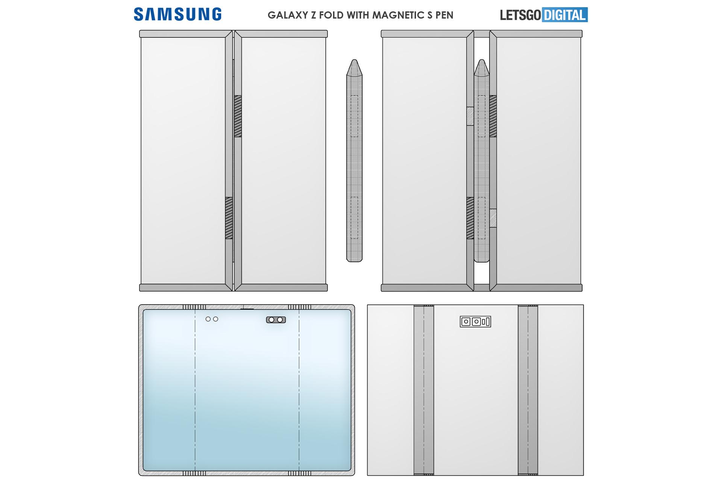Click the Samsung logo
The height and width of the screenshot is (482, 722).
177,14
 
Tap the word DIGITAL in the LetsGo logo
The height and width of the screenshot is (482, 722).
565,15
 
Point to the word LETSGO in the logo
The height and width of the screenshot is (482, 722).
520,15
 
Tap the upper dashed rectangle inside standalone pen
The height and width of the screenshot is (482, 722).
354,116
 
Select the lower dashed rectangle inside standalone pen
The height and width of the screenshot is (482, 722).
354,218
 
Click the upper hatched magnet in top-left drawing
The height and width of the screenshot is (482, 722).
238,116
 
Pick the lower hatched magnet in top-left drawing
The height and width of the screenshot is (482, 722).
229,218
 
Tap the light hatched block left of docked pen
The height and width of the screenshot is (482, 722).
470,116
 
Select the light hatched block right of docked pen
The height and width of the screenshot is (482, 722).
493,218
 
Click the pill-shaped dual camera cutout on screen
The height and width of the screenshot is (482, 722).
276,320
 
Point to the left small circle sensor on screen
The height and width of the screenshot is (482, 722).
208,319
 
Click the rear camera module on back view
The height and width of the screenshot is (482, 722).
475,322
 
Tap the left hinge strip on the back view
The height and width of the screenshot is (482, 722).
424,390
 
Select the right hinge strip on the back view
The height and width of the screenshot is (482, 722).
528,390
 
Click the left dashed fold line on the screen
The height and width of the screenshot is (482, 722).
195,390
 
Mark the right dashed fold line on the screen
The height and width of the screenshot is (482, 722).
299,390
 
